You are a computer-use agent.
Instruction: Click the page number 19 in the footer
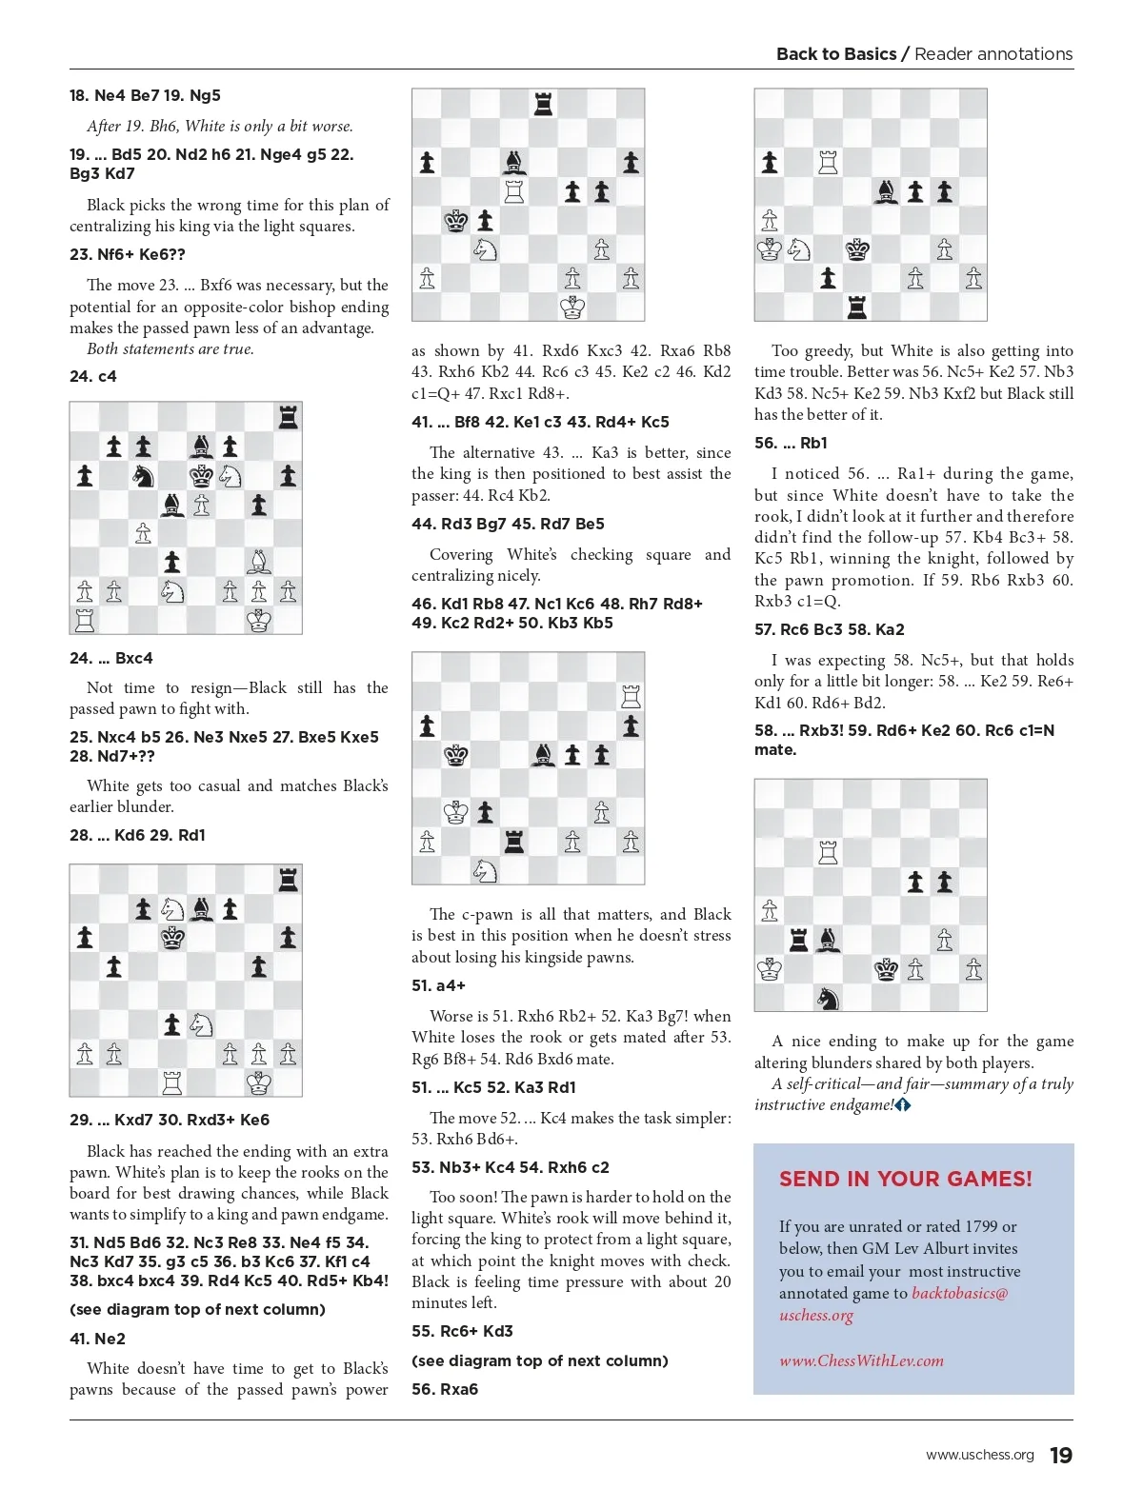[1060, 1456]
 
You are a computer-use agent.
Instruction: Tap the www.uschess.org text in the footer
[979, 1456]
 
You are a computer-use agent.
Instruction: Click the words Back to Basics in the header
[836, 54]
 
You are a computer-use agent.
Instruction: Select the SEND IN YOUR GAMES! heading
[905, 1179]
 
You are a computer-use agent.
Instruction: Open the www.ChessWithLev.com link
[861, 1360]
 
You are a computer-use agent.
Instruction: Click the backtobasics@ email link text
[959, 1293]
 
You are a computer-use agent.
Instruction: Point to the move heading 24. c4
[93, 376]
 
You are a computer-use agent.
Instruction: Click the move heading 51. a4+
[438, 985]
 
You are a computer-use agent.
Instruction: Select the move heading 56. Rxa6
[445, 1389]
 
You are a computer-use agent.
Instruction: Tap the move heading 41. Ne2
[97, 1339]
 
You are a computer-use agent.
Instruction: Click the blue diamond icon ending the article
[903, 1105]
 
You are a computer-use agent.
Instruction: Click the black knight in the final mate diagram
[828, 998]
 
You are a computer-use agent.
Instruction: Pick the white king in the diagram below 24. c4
[259, 621]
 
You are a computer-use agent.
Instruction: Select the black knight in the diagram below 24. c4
[143, 475]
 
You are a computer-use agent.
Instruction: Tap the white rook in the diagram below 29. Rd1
[172, 1082]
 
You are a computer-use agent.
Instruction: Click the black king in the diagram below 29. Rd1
[172, 938]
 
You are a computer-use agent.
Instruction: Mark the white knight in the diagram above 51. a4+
[485, 870]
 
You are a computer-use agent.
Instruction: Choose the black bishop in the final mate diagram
[828, 941]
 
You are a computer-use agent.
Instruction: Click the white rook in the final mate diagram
[828, 852]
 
